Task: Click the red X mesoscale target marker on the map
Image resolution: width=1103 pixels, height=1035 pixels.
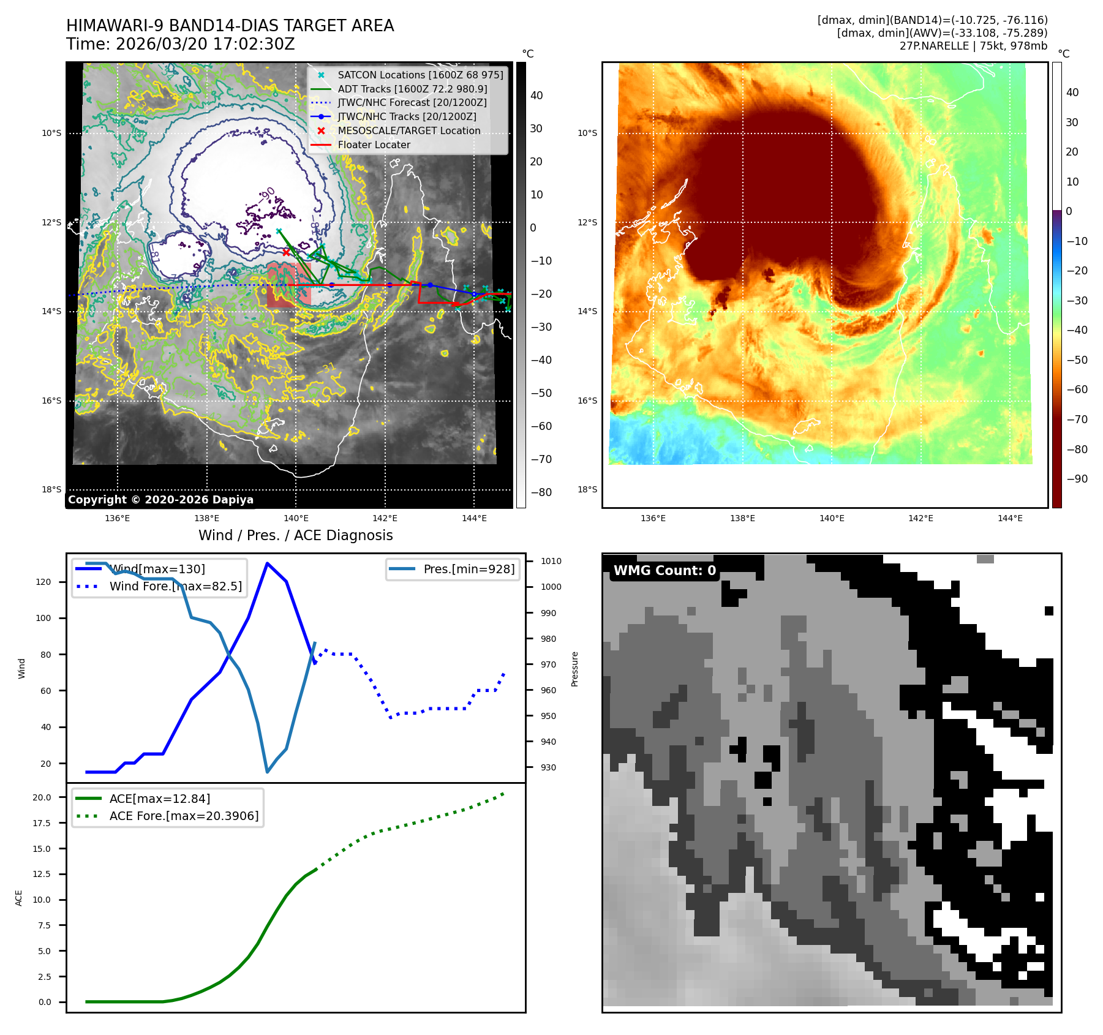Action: (x=286, y=252)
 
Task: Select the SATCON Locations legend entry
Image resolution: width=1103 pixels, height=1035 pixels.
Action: (x=420, y=75)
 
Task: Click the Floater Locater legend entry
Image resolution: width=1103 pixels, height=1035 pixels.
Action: (x=374, y=145)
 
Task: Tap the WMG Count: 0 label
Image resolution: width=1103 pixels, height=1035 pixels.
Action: (x=664, y=571)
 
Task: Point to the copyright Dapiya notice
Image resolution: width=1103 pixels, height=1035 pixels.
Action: (x=160, y=500)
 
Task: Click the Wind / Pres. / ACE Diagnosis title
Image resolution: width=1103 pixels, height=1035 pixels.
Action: (x=295, y=535)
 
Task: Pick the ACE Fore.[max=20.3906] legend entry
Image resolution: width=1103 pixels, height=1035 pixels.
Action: (x=184, y=816)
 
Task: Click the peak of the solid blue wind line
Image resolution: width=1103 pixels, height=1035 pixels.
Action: (x=267, y=563)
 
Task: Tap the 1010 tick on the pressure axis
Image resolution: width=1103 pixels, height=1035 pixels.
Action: (x=551, y=561)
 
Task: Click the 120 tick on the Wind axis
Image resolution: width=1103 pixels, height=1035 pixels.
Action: (x=43, y=582)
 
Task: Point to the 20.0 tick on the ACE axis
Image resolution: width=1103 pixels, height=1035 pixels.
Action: (x=42, y=797)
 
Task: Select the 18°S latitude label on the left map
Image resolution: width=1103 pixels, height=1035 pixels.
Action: (x=51, y=489)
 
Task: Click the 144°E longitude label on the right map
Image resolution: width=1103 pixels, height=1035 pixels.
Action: (x=1010, y=518)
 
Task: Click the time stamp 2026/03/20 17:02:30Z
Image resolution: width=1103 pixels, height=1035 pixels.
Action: (x=205, y=44)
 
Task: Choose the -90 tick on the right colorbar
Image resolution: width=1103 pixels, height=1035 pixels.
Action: (x=1077, y=479)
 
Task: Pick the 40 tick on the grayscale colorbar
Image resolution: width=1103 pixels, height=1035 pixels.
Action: (x=536, y=96)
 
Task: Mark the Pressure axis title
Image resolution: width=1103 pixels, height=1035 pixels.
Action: (x=574, y=669)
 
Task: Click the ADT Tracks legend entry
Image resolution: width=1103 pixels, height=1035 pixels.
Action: (x=412, y=89)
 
